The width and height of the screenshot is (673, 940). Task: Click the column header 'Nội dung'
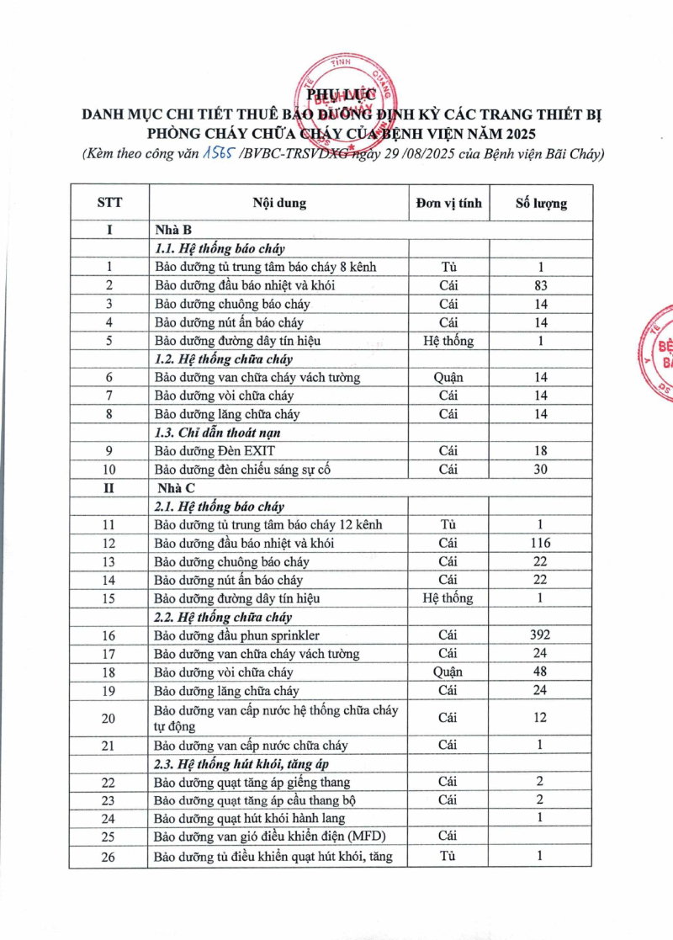pyautogui.click(x=279, y=203)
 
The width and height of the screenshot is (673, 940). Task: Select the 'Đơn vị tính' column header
pyautogui.click(x=448, y=203)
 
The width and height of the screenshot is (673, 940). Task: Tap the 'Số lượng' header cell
pyautogui.click(x=541, y=203)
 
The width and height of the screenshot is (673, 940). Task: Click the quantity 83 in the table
pyautogui.click(x=541, y=285)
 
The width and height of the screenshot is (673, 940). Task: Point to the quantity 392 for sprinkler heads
pyautogui.click(x=541, y=635)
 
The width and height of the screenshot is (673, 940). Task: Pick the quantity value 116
pyautogui.click(x=541, y=543)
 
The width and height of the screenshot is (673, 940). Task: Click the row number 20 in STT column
pyautogui.click(x=109, y=717)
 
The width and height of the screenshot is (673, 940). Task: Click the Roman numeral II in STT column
pyautogui.click(x=109, y=487)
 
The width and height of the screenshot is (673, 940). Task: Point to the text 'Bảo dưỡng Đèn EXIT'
pyautogui.click(x=215, y=450)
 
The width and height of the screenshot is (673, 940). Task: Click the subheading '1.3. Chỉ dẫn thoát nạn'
pyautogui.click(x=217, y=432)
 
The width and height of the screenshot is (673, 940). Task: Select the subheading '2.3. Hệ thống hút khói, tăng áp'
pyautogui.click(x=239, y=763)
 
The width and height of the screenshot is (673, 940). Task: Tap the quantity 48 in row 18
pyautogui.click(x=541, y=672)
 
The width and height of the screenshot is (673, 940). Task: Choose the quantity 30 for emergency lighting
pyautogui.click(x=541, y=469)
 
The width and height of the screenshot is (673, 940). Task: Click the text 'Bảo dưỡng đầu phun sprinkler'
pyautogui.click(x=236, y=635)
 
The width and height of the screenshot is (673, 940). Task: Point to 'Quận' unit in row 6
pyautogui.click(x=448, y=377)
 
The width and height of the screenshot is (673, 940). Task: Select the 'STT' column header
pyautogui.click(x=109, y=203)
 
